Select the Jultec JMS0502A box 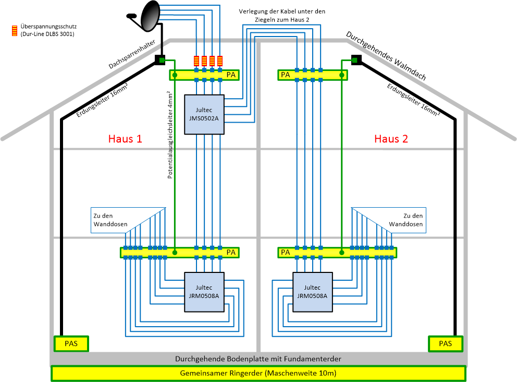(204, 114)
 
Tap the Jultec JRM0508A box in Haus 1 (204, 291)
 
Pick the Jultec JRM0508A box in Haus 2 (312, 291)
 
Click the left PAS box (71, 343)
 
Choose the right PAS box (446, 343)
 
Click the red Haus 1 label (125, 139)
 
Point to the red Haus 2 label (391, 139)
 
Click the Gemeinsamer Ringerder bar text (258, 374)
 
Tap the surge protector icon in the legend (16, 30)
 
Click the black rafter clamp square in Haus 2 (356, 60)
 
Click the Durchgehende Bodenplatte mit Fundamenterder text (258, 359)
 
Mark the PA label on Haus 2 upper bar (286, 75)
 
